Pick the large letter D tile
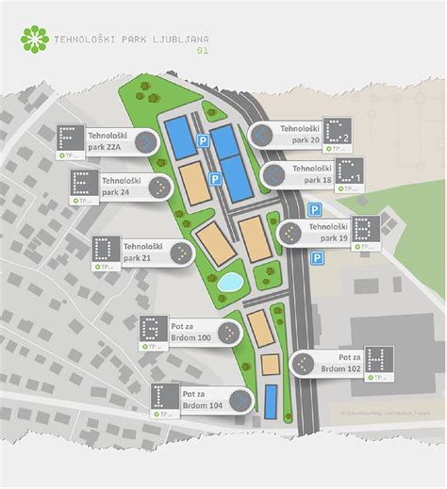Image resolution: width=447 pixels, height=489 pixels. tap(106, 250)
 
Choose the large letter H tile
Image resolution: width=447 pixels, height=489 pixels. tap(379, 360)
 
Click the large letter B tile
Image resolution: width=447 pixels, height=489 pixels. tap(366, 229)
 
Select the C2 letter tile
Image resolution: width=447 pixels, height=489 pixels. tap(337, 133)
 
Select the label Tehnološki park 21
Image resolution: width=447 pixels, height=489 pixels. tap(142, 252)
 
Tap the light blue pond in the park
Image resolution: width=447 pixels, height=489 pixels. tap(229, 282)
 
